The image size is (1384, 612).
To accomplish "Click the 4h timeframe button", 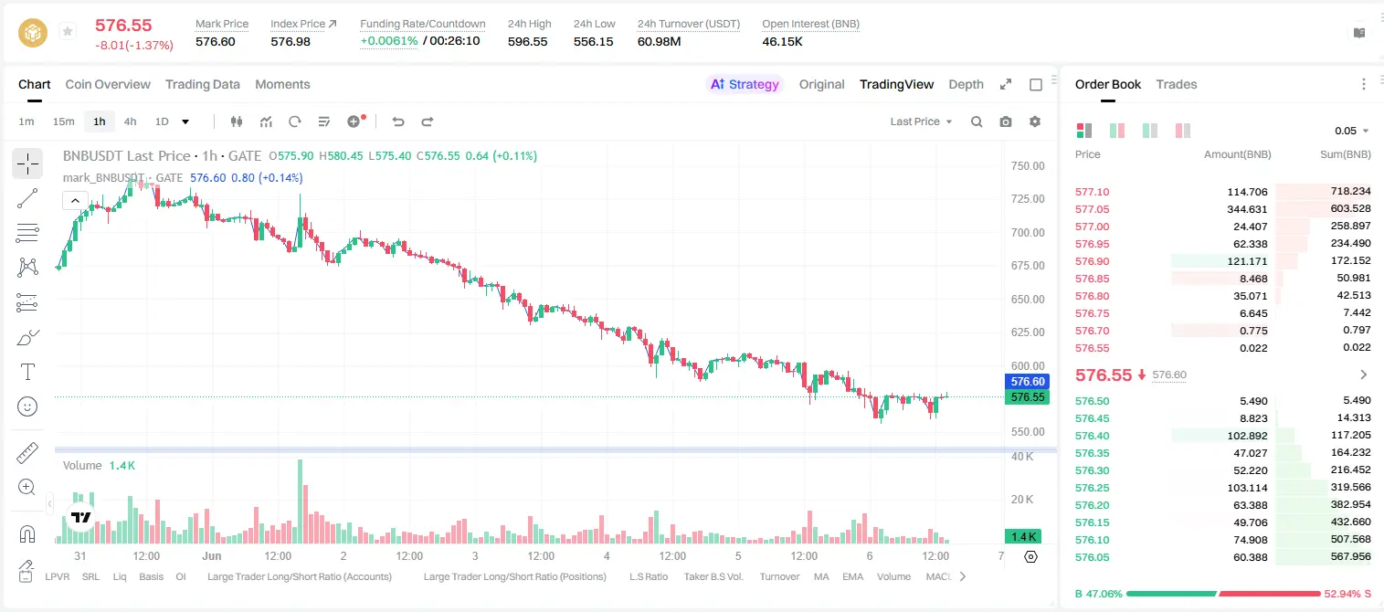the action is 130,121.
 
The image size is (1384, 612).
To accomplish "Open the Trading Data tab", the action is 203,85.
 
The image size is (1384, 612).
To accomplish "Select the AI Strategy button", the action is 745,85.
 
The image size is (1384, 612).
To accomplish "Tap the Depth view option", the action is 966,85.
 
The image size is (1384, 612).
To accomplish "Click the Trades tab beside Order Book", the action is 1177,85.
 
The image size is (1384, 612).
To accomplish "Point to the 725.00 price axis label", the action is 1028,199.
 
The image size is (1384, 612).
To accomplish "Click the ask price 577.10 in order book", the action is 1092,192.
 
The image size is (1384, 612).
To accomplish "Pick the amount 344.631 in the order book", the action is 1247,209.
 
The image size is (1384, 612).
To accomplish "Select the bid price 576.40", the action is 1092,436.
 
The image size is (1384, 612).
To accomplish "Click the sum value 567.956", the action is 1350,556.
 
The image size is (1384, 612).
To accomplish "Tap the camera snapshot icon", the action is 1006,121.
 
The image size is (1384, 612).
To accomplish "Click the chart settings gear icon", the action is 1035,121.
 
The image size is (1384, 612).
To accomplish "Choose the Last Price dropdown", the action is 921,121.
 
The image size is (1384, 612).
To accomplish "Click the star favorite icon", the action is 68,31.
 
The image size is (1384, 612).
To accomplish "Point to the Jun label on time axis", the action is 211,555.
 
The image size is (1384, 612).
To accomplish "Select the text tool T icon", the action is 27,372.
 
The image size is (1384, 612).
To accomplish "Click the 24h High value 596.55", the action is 528,41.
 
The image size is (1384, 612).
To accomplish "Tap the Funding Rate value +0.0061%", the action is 389,41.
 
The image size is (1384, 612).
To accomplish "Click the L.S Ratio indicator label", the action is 648,576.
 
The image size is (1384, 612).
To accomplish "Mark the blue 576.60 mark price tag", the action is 1028,382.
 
